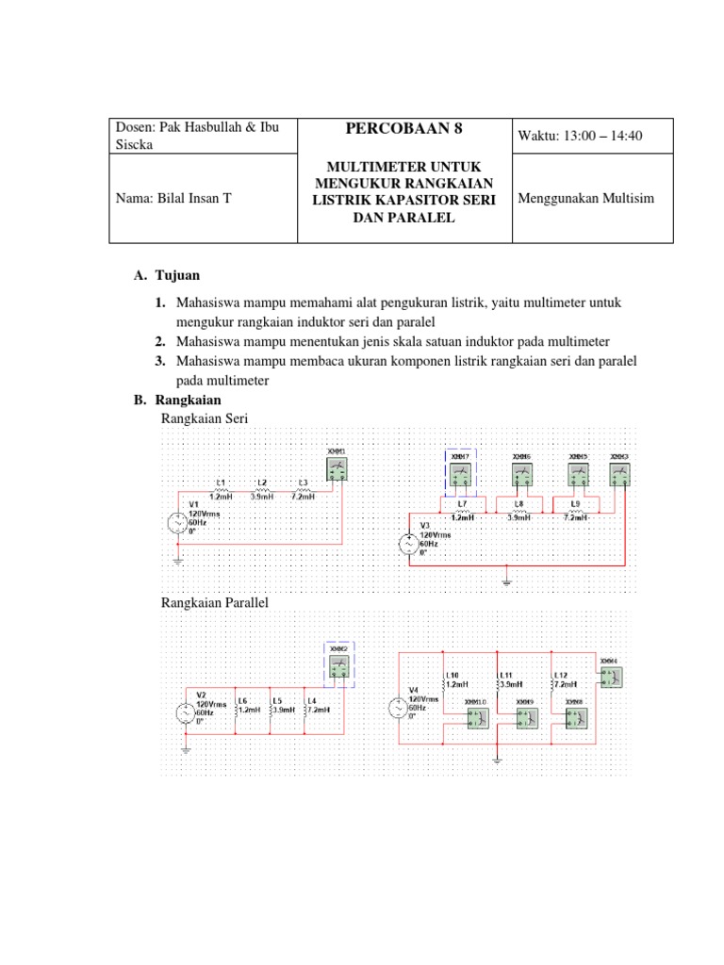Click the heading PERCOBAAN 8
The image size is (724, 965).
(x=403, y=129)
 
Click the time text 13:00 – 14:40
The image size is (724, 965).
(x=580, y=136)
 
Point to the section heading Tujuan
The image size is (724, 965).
(x=178, y=275)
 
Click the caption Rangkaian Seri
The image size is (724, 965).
(x=205, y=418)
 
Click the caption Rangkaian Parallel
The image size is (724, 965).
(x=216, y=602)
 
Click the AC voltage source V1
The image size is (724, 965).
(x=178, y=524)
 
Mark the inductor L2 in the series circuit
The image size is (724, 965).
(x=261, y=489)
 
